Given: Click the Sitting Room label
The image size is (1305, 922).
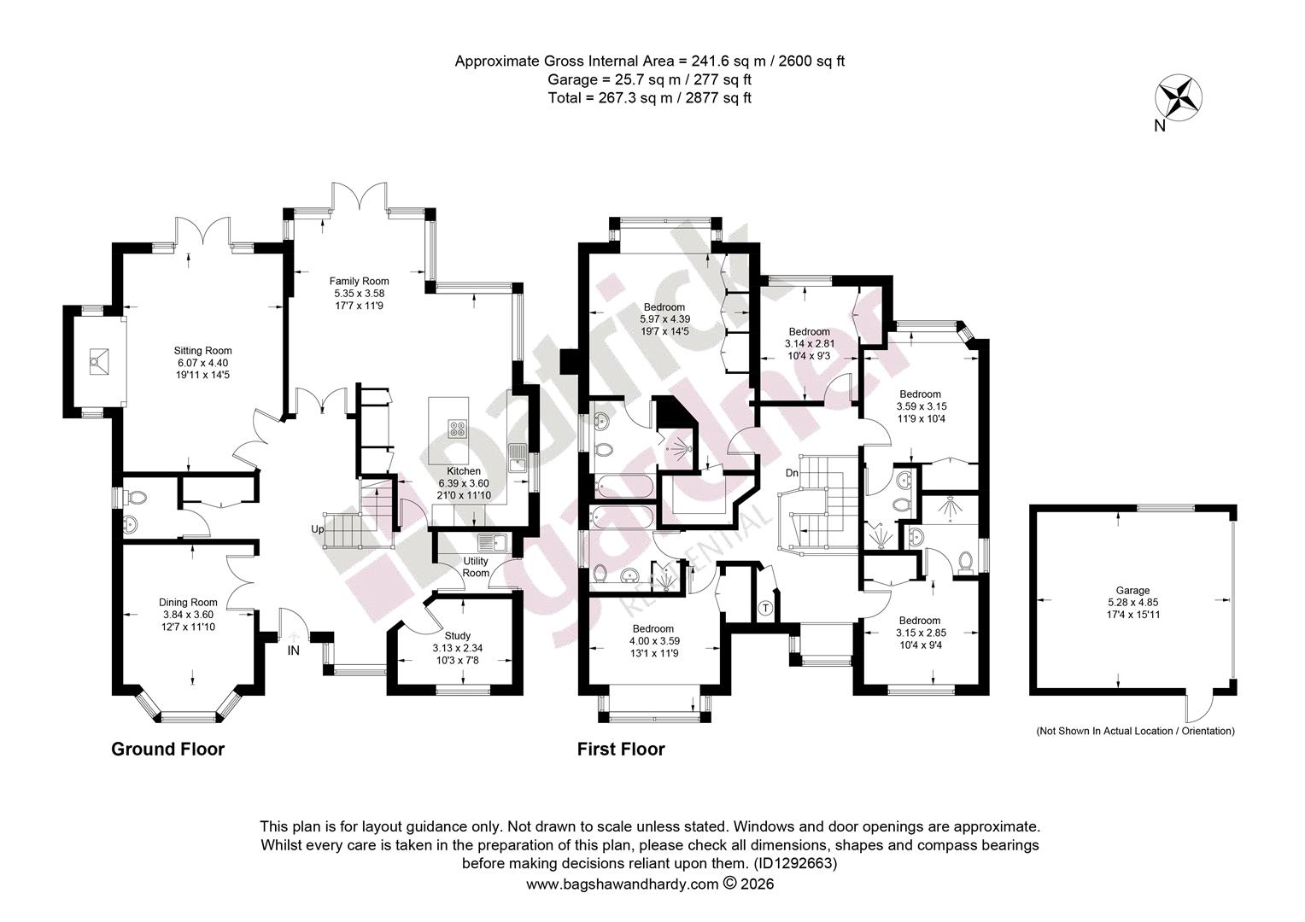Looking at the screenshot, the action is point(202,351).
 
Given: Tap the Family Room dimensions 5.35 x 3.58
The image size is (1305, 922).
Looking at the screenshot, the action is point(359,294).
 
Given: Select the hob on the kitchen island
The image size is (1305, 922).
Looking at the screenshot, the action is point(457,429).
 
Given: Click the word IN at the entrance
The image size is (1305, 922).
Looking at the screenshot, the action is point(293,651).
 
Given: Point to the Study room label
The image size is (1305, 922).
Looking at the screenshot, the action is point(457,636).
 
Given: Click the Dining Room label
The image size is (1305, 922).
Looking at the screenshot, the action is point(188,602).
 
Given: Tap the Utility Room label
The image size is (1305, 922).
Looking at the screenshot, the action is point(476,567).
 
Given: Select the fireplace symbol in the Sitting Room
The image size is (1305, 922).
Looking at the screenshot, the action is point(98,362).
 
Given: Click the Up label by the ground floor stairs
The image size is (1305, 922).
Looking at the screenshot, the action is point(318,529).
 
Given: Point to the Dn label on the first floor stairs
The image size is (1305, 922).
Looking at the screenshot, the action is point(792,473).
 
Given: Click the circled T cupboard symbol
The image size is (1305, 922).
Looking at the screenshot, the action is point(766,608).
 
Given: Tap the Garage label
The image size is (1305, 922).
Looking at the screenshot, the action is point(1133,590).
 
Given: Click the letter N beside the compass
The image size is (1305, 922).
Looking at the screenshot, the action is point(1160,125).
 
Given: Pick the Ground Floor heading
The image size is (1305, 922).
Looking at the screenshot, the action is point(167,749).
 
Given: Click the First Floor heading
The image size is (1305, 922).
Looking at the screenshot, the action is point(621,749).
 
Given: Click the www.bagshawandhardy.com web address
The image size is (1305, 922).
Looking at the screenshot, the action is point(623,884).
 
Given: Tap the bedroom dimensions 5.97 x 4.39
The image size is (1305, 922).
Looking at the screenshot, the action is point(664,319).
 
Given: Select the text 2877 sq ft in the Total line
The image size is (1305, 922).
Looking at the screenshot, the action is point(718,98).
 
